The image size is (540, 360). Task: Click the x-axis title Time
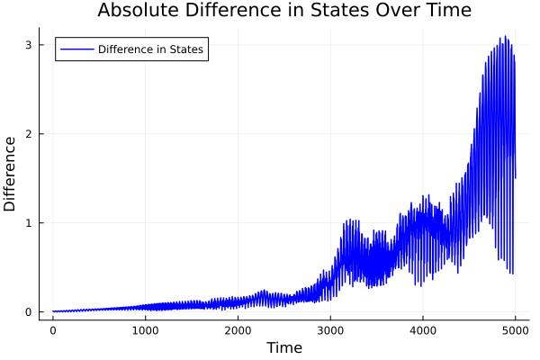[x=284, y=347]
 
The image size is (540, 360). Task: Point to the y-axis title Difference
[x=11, y=174]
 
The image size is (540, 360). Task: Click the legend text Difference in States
[x=150, y=49]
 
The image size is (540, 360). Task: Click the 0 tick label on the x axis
[x=53, y=329]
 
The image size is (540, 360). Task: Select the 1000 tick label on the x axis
[x=146, y=329]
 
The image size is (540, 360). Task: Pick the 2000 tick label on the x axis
[x=238, y=329]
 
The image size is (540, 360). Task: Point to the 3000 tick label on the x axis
[x=330, y=329]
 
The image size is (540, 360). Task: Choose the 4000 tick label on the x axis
[x=423, y=329]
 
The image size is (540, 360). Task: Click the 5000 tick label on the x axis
[x=516, y=329]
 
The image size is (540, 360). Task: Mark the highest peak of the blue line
[x=506, y=36]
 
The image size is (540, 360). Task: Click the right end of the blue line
[x=516, y=178]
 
